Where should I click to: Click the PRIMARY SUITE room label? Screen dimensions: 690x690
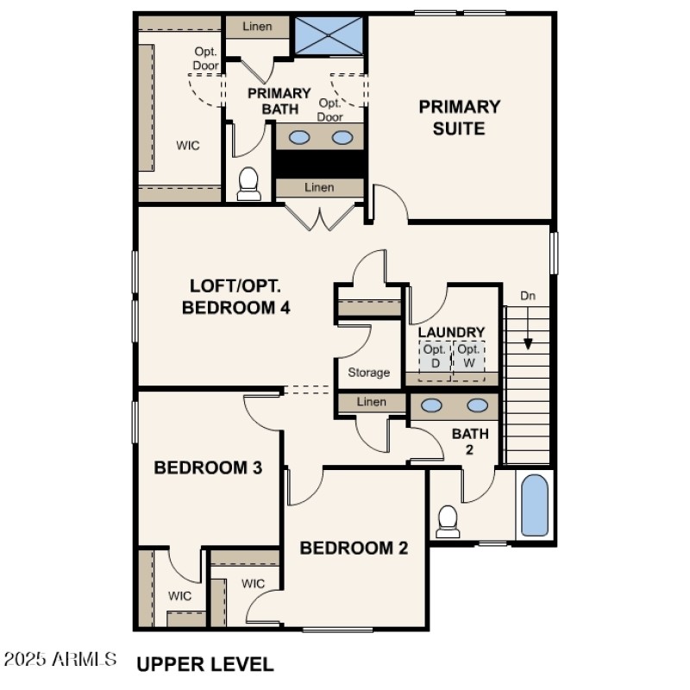tap(459, 117)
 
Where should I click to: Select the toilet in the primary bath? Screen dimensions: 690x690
tap(248, 182)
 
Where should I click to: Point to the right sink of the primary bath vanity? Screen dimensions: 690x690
tap(342, 137)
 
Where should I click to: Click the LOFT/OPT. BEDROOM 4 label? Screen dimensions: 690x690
tap(235, 297)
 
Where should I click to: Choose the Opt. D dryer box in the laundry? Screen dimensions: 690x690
tap(435, 356)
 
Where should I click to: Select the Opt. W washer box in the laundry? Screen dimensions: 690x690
tap(468, 356)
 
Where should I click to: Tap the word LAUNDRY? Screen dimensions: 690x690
tap(451, 332)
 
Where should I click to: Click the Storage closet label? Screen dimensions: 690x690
tap(369, 373)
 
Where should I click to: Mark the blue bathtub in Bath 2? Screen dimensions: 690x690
tap(535, 505)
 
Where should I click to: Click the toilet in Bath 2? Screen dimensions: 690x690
tap(447, 519)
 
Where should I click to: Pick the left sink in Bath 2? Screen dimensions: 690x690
tap(432, 405)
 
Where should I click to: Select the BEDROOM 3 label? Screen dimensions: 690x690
tap(207, 467)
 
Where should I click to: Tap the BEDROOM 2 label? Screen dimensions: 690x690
tap(354, 548)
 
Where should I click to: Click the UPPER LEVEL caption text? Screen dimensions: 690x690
tap(205, 664)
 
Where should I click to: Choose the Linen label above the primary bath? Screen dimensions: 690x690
tap(256, 27)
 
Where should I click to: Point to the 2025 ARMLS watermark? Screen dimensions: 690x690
tap(60, 660)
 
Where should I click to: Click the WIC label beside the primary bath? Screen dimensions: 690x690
tap(188, 146)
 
